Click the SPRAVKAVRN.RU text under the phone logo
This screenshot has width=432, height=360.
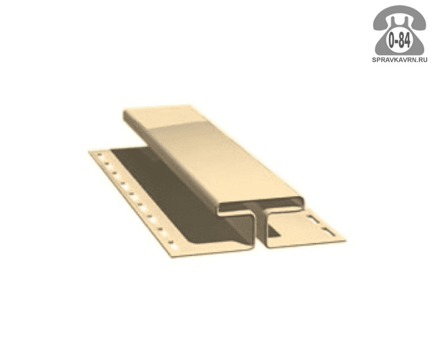[x=400, y=60]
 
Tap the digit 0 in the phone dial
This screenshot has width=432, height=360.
[x=392, y=41]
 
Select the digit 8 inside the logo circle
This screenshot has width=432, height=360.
[x=402, y=41]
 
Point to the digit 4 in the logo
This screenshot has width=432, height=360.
[x=408, y=41]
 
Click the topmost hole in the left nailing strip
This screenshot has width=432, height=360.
[x=99, y=156]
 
